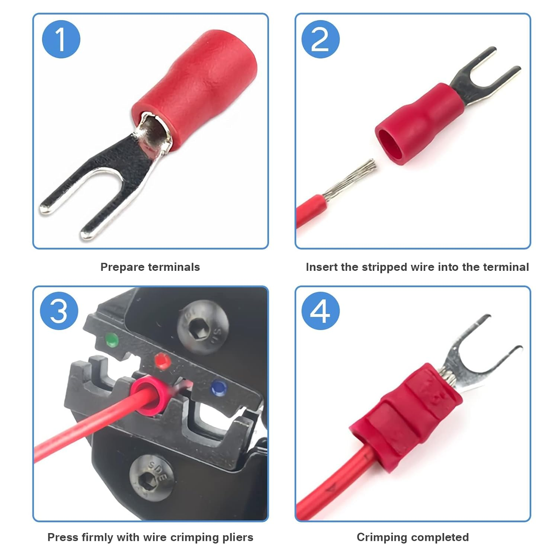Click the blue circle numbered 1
point(61,39)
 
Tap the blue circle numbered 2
point(320,39)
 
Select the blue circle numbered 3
point(59,311)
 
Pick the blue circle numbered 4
point(320,311)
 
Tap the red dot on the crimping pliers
point(162,360)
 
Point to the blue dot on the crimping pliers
point(218,388)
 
